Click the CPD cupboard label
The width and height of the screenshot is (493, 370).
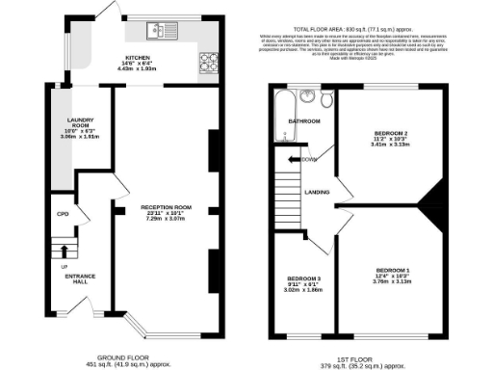(61, 214)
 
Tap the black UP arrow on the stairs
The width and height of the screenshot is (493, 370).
(65, 251)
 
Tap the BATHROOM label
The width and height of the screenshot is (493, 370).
(305, 122)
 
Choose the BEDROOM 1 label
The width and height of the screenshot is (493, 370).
(394, 269)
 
